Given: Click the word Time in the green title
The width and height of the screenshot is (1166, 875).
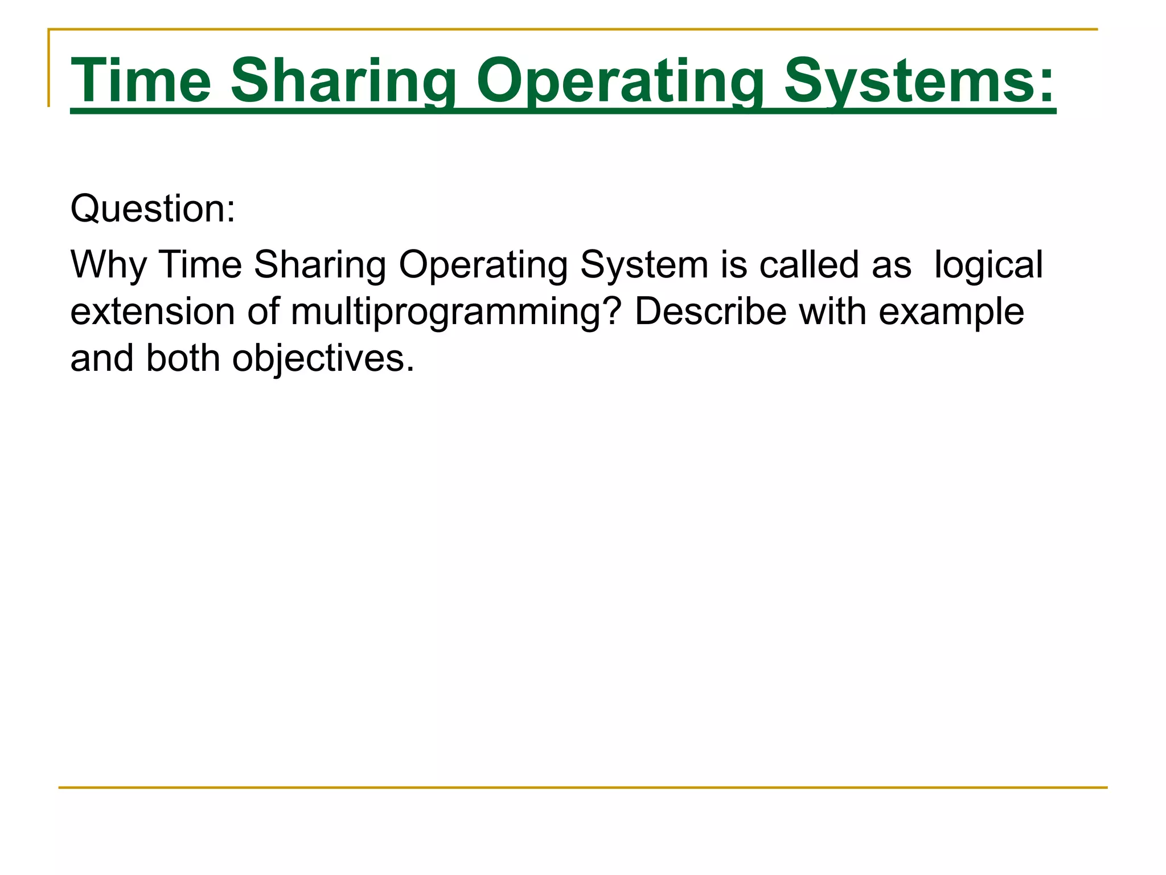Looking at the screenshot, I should click(141, 81).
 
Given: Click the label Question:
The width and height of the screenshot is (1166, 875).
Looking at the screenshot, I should click(153, 208).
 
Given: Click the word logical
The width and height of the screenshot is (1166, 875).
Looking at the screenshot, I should click(988, 265).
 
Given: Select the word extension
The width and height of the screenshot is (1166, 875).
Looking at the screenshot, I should click(153, 312).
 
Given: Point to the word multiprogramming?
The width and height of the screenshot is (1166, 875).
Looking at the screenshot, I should click(455, 312).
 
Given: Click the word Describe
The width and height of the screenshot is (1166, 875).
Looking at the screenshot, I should click(711, 312).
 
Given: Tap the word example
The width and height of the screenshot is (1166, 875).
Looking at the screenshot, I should click(951, 312).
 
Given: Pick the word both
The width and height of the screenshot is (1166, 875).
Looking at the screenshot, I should click(183, 358).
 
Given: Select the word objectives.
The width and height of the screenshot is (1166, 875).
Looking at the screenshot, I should click(323, 358).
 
